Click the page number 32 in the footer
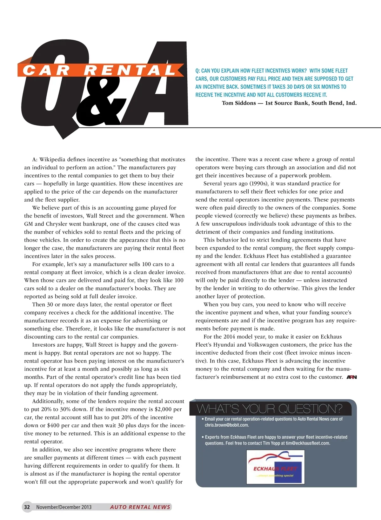pos(27,507)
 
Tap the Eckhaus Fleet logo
pos(276,467)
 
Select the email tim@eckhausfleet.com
pos(308,443)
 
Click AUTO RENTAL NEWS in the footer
pos(140,507)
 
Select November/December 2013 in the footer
pos(64,507)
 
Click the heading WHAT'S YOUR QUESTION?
pos(270,409)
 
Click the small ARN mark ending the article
pos(351,377)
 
